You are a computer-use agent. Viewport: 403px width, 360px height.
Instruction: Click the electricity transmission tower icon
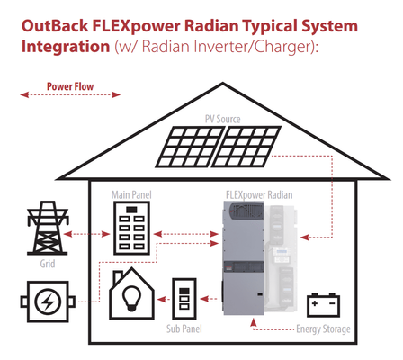point(48,228)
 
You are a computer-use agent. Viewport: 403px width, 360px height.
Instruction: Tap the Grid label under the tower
point(48,264)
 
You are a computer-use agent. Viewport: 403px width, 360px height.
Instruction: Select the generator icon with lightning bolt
point(48,301)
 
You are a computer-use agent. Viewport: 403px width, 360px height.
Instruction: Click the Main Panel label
point(131,195)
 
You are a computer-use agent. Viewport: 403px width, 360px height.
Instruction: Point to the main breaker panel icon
point(131,228)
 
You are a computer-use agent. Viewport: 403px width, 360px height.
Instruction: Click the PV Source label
point(223,119)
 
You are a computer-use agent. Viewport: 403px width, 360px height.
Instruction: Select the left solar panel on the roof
point(190,147)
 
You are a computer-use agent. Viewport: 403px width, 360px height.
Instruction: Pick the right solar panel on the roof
point(246,147)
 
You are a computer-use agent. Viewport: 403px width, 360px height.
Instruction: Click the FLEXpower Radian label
point(259,195)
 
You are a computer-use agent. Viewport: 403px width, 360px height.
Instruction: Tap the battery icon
point(324,305)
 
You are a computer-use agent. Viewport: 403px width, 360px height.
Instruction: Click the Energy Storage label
point(323,329)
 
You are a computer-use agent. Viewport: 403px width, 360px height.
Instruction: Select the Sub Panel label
point(184,328)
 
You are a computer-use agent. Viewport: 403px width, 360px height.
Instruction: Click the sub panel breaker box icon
point(184,299)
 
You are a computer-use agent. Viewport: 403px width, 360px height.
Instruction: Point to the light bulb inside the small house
point(132,298)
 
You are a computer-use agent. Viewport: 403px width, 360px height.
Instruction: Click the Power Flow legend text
point(70,86)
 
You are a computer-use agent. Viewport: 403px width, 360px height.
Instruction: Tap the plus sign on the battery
point(315,303)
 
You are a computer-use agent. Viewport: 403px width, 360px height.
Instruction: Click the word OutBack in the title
point(55,26)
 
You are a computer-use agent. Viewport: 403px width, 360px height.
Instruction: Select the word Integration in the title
point(66,47)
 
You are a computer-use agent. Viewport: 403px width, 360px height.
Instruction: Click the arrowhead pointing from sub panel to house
point(162,299)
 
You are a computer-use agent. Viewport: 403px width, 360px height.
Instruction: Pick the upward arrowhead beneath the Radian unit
point(254,322)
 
